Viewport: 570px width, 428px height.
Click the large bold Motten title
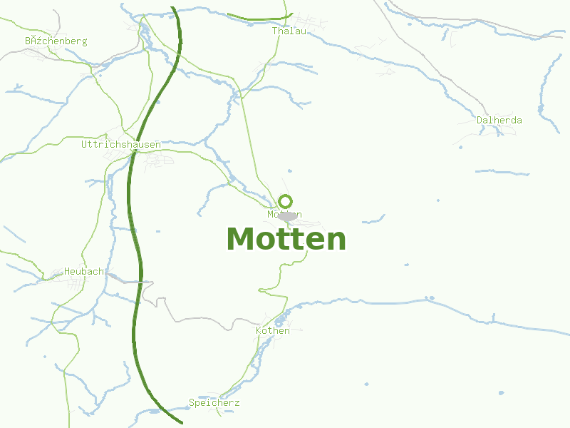286,238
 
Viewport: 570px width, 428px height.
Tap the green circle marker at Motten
286,201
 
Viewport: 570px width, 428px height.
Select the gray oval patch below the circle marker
288,216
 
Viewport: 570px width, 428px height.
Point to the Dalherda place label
499,120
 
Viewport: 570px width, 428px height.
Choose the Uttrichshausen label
120,144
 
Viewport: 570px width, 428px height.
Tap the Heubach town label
83,271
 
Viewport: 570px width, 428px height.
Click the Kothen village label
273,330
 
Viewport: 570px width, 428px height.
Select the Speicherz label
214,403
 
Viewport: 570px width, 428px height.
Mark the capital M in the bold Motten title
240,238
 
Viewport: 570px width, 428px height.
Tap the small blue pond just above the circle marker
289,172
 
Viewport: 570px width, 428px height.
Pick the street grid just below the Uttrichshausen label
158,161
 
